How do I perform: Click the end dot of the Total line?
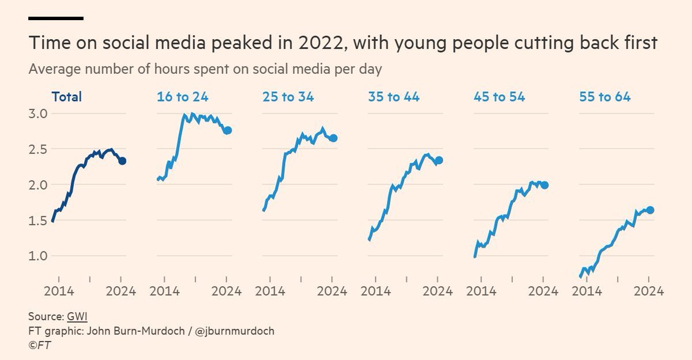[x=122, y=161]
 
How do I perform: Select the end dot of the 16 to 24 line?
[x=227, y=130]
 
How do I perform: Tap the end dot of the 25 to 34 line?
[x=333, y=138]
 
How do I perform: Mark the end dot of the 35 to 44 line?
[x=439, y=160]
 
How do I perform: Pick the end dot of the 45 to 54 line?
[x=544, y=185]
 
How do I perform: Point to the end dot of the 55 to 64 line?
[x=650, y=210]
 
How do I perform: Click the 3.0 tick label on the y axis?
[x=39, y=113]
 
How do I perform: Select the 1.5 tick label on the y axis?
[x=39, y=220]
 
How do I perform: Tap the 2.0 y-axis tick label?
[x=39, y=185]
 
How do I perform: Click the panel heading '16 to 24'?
[x=182, y=96]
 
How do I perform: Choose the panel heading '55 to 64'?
[x=604, y=96]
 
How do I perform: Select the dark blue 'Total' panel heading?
[x=66, y=96]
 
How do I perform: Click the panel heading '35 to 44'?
[x=393, y=96]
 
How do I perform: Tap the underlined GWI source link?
[x=77, y=317]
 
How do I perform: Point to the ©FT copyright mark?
[x=40, y=346]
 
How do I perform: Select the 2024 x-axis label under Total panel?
[x=121, y=291]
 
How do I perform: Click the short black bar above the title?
[x=56, y=18]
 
